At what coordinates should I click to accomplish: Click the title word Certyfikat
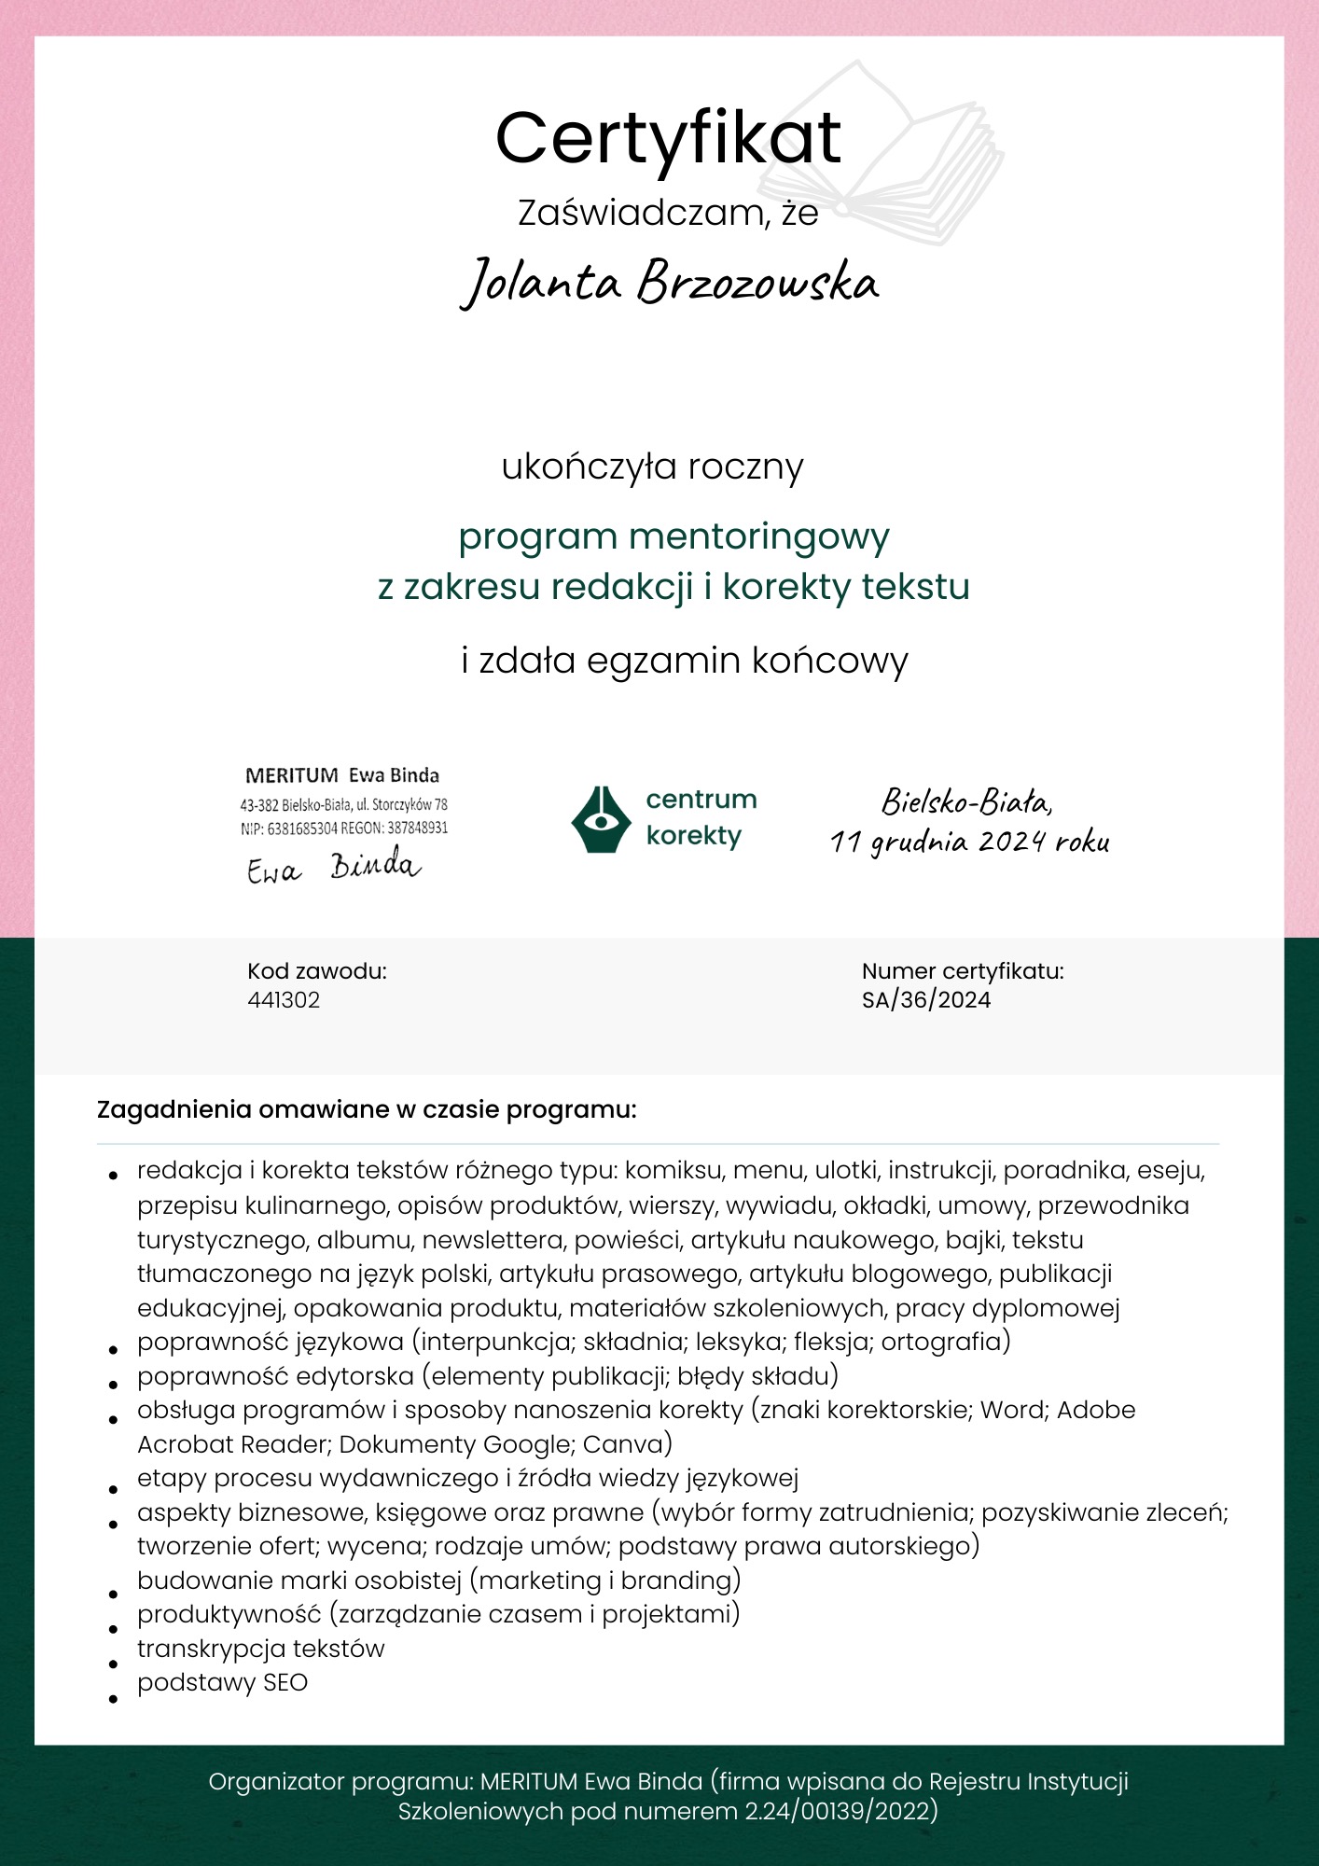click(x=668, y=138)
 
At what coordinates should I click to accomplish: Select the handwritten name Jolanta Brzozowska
click(x=670, y=282)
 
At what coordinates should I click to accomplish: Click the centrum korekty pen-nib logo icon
click(x=602, y=818)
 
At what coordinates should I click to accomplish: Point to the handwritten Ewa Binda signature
click(x=334, y=868)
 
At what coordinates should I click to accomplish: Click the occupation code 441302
click(x=284, y=1000)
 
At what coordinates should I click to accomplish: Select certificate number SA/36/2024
click(x=926, y=1000)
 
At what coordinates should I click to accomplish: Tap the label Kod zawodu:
click(x=317, y=971)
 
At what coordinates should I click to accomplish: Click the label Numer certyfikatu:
click(x=963, y=971)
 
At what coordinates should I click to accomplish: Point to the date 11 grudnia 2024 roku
click(x=970, y=842)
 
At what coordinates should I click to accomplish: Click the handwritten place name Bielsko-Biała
click(x=966, y=801)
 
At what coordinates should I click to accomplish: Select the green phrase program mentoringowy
click(x=673, y=536)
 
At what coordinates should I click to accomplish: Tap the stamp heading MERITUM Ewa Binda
click(x=341, y=775)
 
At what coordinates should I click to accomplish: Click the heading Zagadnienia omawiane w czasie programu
click(x=367, y=1110)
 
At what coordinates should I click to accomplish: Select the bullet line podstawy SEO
click(x=222, y=1682)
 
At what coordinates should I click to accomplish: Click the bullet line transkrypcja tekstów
click(x=260, y=1649)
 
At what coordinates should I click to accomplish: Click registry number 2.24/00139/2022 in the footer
click(x=840, y=1812)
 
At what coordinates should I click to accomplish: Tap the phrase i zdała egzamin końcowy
click(x=685, y=661)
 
